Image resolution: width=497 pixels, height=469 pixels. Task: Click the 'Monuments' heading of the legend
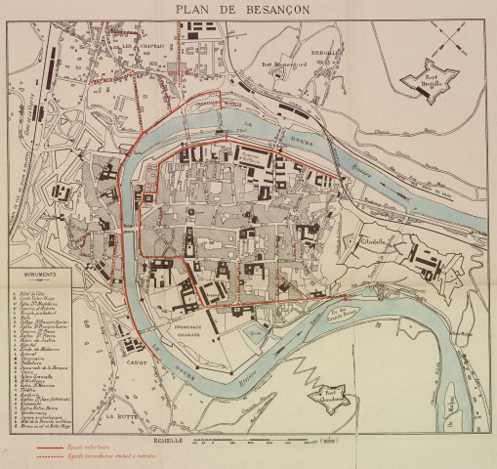click(37, 276)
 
